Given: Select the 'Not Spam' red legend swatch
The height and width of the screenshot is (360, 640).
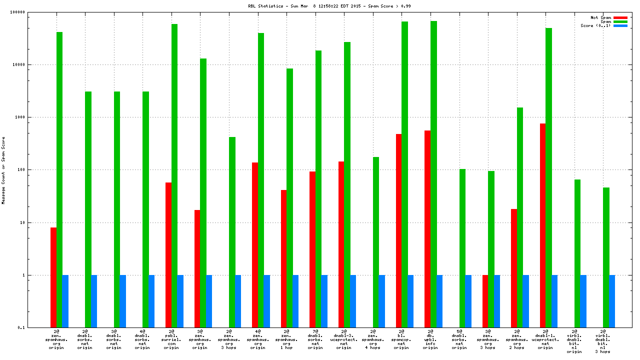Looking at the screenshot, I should (x=620, y=17).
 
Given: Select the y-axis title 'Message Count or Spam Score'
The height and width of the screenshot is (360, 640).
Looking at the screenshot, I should (x=3, y=170).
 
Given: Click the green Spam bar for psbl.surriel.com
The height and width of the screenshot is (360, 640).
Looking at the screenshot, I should (x=174, y=175).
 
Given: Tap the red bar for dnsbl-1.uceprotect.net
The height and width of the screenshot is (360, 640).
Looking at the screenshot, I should (x=542, y=225).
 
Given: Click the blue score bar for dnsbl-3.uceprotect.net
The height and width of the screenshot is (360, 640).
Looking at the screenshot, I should (x=353, y=301).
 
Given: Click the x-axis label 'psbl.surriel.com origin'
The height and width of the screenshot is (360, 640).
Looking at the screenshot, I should (x=171, y=339).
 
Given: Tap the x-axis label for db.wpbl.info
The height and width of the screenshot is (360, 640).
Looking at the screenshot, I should (x=430, y=339).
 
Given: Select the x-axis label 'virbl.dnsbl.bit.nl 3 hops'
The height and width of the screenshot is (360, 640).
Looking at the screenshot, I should (x=603, y=341).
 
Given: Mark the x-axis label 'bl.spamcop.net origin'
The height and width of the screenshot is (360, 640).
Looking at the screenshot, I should (x=401, y=339).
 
